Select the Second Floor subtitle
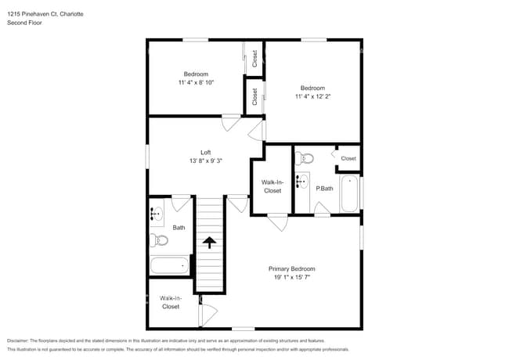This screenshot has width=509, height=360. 25,23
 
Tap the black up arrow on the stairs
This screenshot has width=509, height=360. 209,242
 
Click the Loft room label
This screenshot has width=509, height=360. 205,153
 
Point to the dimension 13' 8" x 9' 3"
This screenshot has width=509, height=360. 205,161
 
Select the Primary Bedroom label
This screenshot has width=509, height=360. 291,268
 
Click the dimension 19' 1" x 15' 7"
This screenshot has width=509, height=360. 291,277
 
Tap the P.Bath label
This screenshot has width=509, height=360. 324,189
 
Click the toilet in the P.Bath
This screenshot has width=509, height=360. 305,159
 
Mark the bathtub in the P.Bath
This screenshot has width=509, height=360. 349,193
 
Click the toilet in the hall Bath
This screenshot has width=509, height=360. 159,240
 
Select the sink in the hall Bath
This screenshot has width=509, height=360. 157,212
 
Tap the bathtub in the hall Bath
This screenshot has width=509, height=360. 169,265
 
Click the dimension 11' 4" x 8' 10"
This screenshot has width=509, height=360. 196,82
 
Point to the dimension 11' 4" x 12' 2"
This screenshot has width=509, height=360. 312,97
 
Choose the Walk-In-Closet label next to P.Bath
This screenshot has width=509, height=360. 272,186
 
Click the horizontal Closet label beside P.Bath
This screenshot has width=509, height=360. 348,159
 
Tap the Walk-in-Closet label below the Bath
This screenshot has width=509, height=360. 170,302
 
